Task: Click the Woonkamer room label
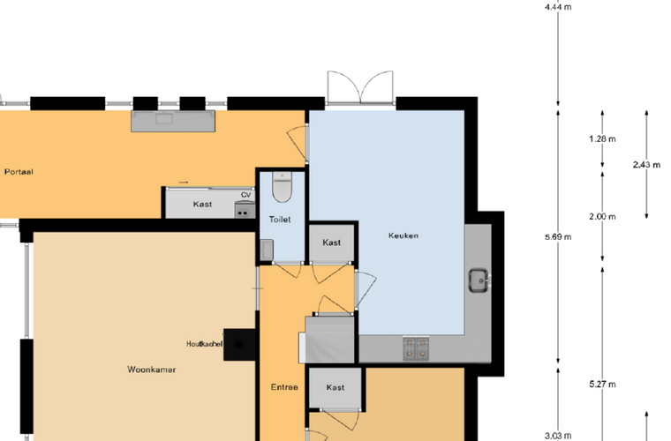[x=152, y=370]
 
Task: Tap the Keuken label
[x=403, y=235]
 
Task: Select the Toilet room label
[x=280, y=220]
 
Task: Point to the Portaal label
[x=19, y=172]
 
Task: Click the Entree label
[x=284, y=387]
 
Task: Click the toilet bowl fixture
[x=282, y=187]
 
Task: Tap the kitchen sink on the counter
[x=479, y=280]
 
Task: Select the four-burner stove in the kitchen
[x=416, y=348]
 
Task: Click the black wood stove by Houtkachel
[x=239, y=345]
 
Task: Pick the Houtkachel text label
[x=204, y=344]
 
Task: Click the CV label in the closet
[x=245, y=195]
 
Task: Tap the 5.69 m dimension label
[x=558, y=236]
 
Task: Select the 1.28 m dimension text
[x=602, y=138]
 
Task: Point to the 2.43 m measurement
[x=646, y=165]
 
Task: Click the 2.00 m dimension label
[x=602, y=217]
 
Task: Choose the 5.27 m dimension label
[x=602, y=385]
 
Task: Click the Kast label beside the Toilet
[x=332, y=243]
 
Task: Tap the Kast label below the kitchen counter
[x=335, y=387]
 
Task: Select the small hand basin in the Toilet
[x=267, y=250]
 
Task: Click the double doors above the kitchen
[x=360, y=87]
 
